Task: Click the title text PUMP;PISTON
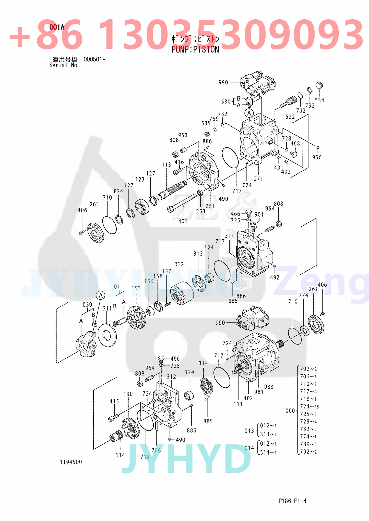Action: (x=195, y=49)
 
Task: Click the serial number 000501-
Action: (x=94, y=59)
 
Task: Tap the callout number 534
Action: (x=319, y=100)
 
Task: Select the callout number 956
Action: (x=317, y=157)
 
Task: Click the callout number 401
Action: (x=183, y=221)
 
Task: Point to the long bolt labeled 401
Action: (x=182, y=203)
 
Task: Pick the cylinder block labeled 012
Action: (x=182, y=293)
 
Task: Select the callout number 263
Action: (x=94, y=204)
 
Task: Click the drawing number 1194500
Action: (x=71, y=462)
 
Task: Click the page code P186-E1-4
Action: (x=292, y=501)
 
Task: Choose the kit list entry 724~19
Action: (x=310, y=406)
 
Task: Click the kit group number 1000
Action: (x=289, y=411)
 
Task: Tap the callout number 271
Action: (x=258, y=179)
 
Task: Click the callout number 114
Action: (x=120, y=455)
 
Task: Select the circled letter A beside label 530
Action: (x=249, y=113)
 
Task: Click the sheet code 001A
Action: (x=57, y=27)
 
